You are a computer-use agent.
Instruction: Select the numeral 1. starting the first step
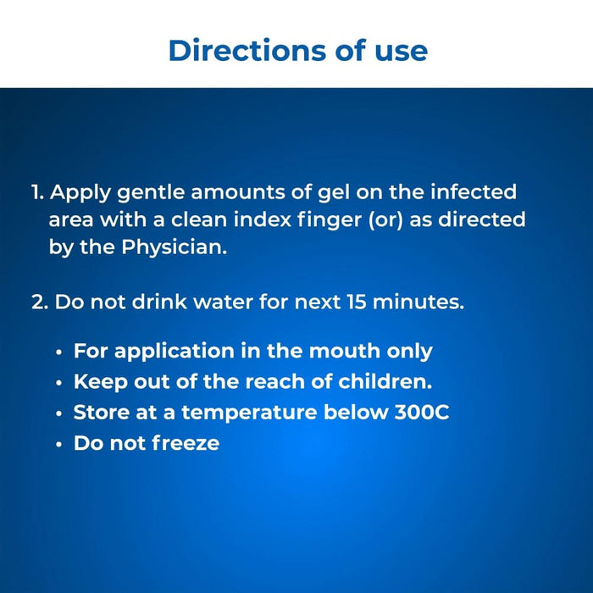pos(38,192)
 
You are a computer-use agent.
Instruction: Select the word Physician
pos(175,249)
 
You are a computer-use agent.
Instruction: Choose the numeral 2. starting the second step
pos(40,302)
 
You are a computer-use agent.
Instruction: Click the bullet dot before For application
pos(58,352)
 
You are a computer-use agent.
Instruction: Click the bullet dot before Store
pos(58,413)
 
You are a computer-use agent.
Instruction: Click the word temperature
pos(248,413)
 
